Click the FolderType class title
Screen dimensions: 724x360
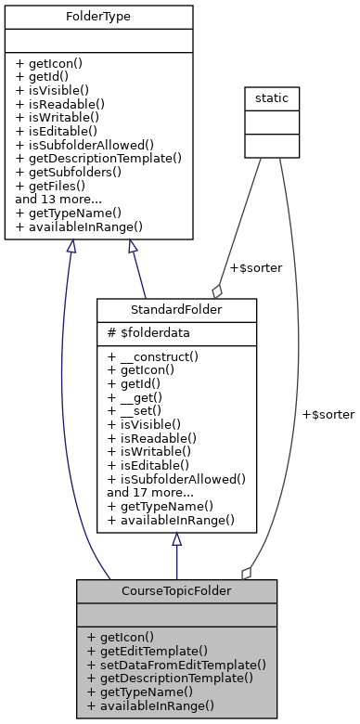[x=98, y=17]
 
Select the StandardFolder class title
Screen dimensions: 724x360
[x=176, y=308]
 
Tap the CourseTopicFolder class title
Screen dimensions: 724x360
[x=176, y=590]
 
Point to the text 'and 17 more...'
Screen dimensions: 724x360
[x=149, y=492]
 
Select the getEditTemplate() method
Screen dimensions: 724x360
[x=147, y=652]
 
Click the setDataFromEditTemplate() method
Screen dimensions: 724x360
[x=176, y=665]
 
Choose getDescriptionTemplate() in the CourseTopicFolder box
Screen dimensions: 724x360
[x=170, y=678]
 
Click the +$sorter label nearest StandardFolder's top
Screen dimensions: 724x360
[x=236, y=268]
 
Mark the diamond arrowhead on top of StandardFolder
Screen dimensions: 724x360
[x=217, y=290]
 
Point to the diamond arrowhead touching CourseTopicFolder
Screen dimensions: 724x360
[x=246, y=573]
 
